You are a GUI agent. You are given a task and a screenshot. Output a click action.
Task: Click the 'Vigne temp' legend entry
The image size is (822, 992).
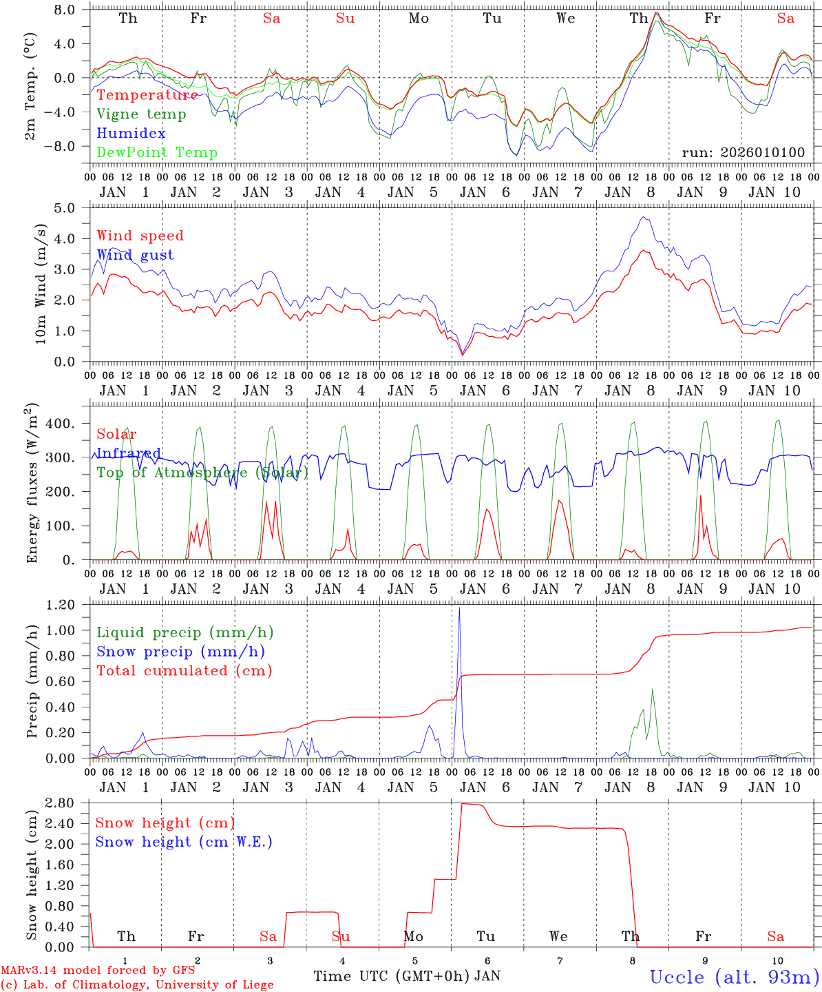pyautogui.click(x=141, y=114)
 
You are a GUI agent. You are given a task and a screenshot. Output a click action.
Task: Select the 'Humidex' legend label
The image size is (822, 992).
pyautogui.click(x=131, y=134)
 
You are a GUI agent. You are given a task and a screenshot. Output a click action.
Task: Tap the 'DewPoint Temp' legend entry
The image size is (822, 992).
pyautogui.click(x=157, y=153)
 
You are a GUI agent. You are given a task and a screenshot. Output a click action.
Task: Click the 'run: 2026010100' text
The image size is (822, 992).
pyautogui.click(x=743, y=153)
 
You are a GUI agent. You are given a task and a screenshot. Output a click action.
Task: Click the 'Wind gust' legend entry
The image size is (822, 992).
pyautogui.click(x=135, y=255)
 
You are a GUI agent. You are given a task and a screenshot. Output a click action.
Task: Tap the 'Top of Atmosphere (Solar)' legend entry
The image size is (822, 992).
pyautogui.click(x=202, y=473)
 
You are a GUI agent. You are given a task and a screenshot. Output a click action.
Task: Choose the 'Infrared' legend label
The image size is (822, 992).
pyautogui.click(x=128, y=453)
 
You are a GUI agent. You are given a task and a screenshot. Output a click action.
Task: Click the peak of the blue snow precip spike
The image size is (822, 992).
pyautogui.click(x=459, y=608)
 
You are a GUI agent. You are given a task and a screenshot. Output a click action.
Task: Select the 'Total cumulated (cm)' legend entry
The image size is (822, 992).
pyautogui.click(x=184, y=670)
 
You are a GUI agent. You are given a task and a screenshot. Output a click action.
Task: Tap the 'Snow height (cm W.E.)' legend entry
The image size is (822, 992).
pyautogui.click(x=183, y=842)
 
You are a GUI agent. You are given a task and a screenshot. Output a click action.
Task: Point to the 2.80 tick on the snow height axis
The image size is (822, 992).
pyautogui.click(x=61, y=803)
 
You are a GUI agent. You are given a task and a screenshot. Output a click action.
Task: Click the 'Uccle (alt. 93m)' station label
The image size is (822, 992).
pyautogui.click(x=734, y=977)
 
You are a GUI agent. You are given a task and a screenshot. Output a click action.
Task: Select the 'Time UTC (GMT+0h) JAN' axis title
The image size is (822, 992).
pyautogui.click(x=406, y=976)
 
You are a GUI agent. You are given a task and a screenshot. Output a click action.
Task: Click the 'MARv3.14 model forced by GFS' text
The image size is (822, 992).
pyautogui.click(x=98, y=971)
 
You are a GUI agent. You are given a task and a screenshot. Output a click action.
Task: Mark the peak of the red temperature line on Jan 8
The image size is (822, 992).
pyautogui.click(x=656, y=13)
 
